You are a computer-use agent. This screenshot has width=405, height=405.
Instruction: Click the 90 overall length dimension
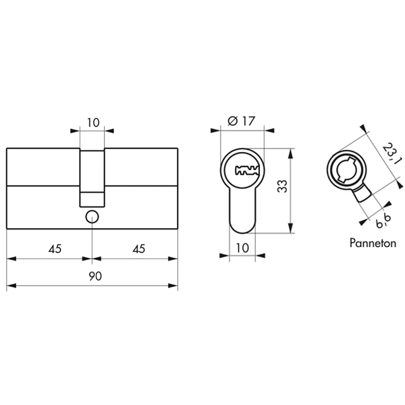pyautogui.click(x=96, y=276)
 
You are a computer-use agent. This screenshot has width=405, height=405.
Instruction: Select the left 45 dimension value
pyautogui.click(x=55, y=249)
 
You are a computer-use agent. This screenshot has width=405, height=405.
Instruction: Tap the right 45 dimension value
pyautogui.click(x=139, y=249)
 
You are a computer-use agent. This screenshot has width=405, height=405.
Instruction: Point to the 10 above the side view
pyautogui.click(x=93, y=123)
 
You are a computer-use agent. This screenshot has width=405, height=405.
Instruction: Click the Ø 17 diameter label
pyautogui.click(x=242, y=121)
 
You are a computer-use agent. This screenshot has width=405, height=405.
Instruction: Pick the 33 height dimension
pyautogui.click(x=282, y=186)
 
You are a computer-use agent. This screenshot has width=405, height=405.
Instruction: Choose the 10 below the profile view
pyautogui.click(x=242, y=248)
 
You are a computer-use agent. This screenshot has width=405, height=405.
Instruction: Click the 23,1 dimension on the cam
pyautogui.click(x=392, y=154)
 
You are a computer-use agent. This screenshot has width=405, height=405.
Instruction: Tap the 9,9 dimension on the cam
pyautogui.click(x=384, y=220)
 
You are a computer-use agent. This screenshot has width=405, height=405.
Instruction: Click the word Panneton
pyautogui.click(x=373, y=243)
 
